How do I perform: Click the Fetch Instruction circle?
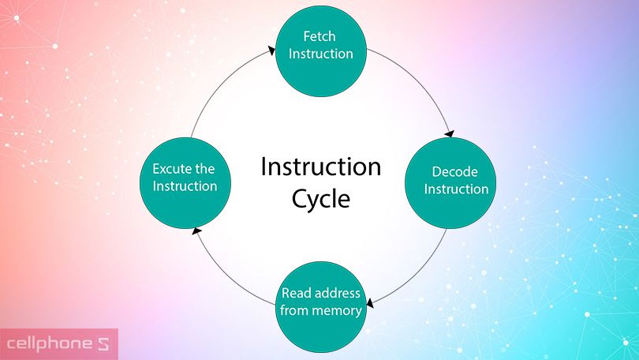tap(321, 51)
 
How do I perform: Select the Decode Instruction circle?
tap(450, 183)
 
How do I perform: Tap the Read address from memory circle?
tap(321, 307)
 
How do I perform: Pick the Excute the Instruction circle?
tap(185, 183)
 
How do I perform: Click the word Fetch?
tap(319, 36)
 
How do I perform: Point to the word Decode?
tap(455, 171)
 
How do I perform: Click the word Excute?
tap(171, 169)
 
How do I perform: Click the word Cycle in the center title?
tap(321, 199)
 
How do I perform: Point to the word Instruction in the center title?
tap(321, 167)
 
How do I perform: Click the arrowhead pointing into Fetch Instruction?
tap(272, 51)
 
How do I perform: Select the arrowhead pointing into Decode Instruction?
tap(450, 133)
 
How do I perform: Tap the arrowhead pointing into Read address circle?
tap(370, 303)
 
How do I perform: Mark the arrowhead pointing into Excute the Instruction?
tap(196, 231)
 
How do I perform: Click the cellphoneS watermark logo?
tap(58, 344)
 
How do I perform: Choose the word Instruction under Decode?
tap(456, 189)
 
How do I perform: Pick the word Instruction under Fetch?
tap(321, 54)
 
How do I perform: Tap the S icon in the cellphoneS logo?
tap(103, 344)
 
